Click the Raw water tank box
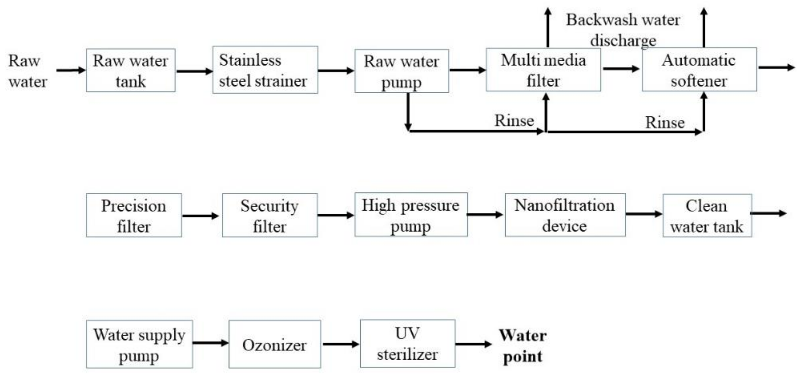click(131, 70)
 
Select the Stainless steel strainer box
click(265, 70)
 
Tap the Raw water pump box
click(401, 71)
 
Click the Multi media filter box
click(543, 70)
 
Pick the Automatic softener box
click(699, 70)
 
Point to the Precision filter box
click(134, 215)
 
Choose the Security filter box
click(270, 215)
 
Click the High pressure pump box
click(411, 214)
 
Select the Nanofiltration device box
click(565, 215)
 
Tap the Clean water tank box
click(707, 216)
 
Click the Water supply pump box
click(139, 344)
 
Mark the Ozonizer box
click(275, 344)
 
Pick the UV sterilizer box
click(407, 343)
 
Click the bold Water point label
click(523, 345)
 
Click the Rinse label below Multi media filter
click(514, 120)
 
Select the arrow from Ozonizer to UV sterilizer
click(341, 344)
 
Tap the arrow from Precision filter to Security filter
click(201, 216)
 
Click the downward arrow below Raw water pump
click(408, 112)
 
